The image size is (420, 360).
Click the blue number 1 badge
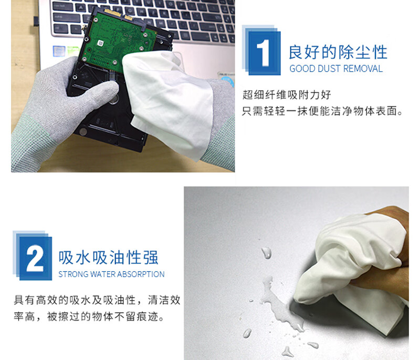tap(261, 50)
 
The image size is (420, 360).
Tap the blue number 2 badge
tap(33, 255)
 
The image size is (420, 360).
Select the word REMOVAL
tap(363, 69)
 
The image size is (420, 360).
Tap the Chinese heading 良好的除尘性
tap(338, 52)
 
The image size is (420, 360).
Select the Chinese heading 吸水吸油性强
tap(109, 258)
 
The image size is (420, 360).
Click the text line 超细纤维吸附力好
tap(287, 95)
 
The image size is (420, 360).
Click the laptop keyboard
tap(145, 19)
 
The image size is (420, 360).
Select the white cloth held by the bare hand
tap(353, 265)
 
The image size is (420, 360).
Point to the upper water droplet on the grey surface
tap(266, 252)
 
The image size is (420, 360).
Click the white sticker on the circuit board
tap(100, 43)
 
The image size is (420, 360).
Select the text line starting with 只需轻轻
tap(322, 111)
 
